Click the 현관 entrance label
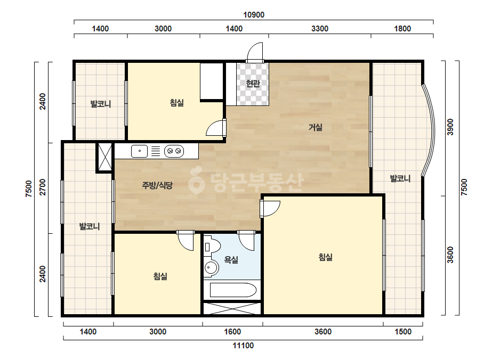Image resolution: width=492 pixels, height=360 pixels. (x=253, y=84)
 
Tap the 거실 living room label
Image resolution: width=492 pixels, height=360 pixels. (x=316, y=127)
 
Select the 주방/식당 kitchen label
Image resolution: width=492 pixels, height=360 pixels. (x=157, y=185)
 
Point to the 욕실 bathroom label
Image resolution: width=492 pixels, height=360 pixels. (x=231, y=260)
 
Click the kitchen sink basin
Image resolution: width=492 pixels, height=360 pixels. (x=139, y=151)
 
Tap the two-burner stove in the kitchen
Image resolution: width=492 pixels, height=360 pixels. (x=174, y=151)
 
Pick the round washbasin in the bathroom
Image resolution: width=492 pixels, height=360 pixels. (x=211, y=268)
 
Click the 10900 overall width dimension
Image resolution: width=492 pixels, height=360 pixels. (x=254, y=15)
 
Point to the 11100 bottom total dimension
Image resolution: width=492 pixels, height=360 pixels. (x=243, y=346)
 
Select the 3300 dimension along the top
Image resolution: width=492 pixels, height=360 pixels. (x=320, y=29)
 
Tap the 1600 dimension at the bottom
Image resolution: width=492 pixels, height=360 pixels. (x=232, y=331)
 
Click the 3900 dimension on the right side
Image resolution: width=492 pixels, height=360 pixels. (x=450, y=127)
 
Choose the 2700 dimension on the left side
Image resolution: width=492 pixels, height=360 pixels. (x=42, y=187)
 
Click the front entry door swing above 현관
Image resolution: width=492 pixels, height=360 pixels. (x=255, y=52)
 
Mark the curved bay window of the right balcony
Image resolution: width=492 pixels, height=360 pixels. (x=429, y=130)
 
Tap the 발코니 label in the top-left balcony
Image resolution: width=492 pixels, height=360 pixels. (x=101, y=103)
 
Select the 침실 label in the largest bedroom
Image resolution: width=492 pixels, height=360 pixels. (x=325, y=257)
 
